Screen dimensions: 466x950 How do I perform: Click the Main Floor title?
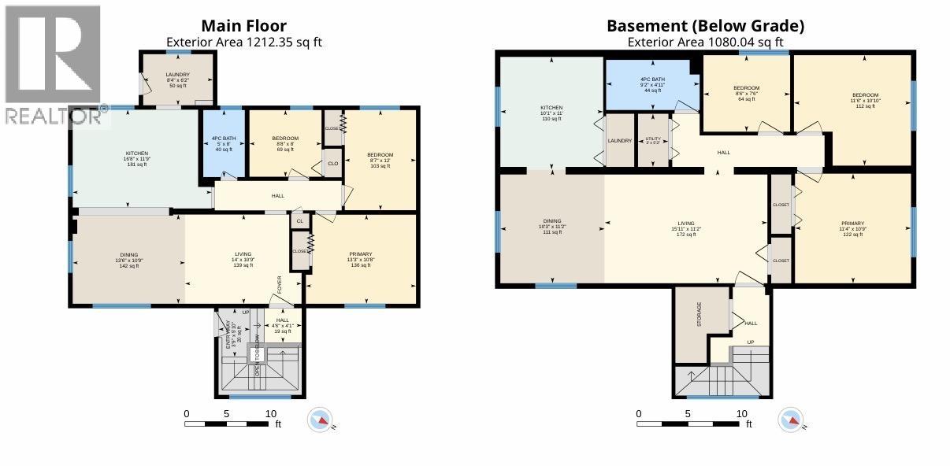[243, 26]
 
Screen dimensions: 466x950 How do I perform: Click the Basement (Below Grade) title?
[705, 26]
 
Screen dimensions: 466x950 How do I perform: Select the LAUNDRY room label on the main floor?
[178, 75]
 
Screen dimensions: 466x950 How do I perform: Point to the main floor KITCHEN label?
[137, 153]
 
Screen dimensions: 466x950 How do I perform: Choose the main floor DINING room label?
[129, 255]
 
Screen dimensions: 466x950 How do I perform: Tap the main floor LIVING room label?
[243, 254]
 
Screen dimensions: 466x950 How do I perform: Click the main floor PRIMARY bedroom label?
[360, 254]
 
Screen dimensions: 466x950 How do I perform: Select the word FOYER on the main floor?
[279, 283]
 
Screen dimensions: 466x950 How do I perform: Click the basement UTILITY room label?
[653, 139]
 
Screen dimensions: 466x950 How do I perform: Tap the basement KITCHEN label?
[551, 108]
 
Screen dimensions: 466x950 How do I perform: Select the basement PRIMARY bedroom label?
[852, 224]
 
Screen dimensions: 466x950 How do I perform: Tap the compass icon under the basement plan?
[792, 420]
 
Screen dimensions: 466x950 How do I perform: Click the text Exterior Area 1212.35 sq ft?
[243, 43]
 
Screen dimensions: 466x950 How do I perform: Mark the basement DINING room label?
[551, 222]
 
